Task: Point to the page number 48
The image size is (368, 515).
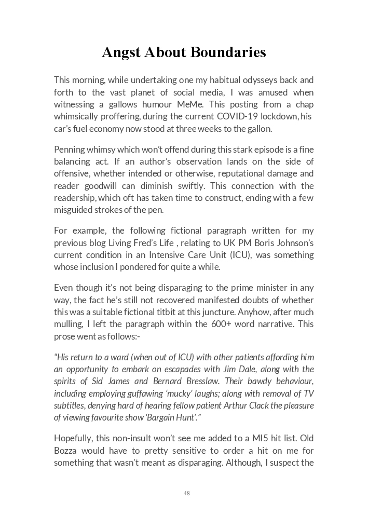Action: click(186, 493)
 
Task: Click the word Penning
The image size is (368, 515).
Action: click(71, 150)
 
